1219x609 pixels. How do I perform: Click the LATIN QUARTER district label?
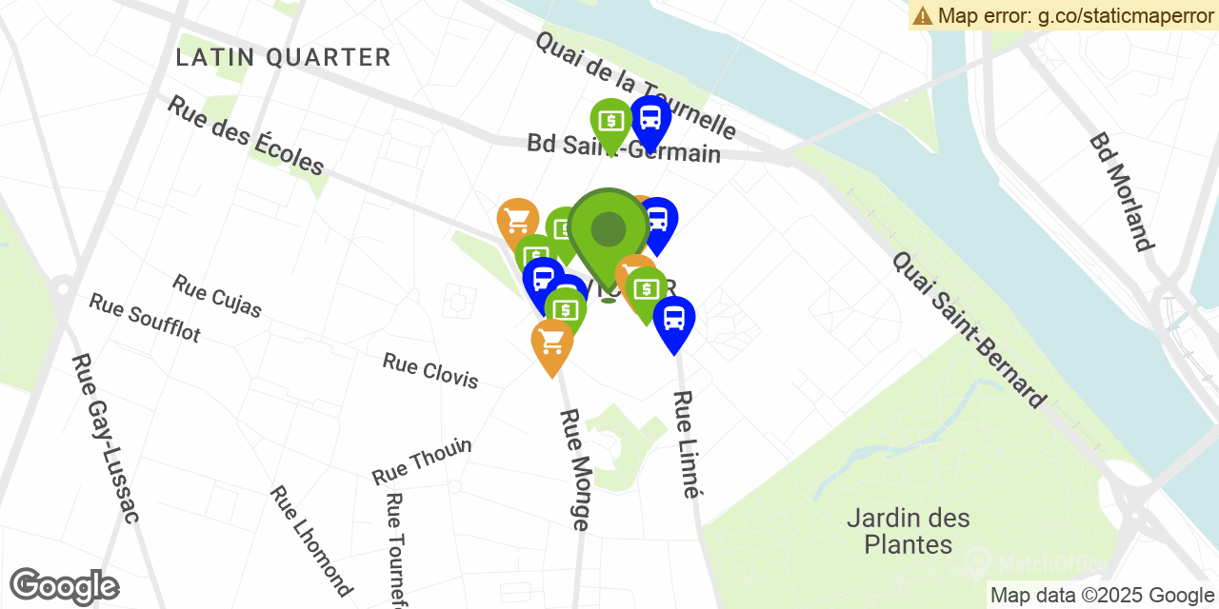click(283, 58)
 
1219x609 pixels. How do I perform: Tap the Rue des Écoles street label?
click(246, 135)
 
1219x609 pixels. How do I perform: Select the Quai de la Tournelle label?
click(635, 84)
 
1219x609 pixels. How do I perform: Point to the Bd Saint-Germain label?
click(624, 149)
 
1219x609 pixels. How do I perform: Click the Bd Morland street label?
click(1122, 191)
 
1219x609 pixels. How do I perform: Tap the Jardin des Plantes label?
click(909, 531)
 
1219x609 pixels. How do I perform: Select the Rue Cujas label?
click(217, 296)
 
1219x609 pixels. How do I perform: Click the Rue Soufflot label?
click(145, 318)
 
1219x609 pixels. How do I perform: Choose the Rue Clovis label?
click(430, 370)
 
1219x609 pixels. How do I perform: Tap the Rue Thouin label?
click(422, 461)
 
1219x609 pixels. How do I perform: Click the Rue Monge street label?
click(574, 469)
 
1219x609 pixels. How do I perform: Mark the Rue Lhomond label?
click(310, 540)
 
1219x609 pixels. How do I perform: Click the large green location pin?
click(608, 231)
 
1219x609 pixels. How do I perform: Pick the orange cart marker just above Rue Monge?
click(552, 343)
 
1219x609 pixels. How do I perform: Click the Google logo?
click(64, 586)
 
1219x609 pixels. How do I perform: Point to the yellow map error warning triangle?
click(922, 15)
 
